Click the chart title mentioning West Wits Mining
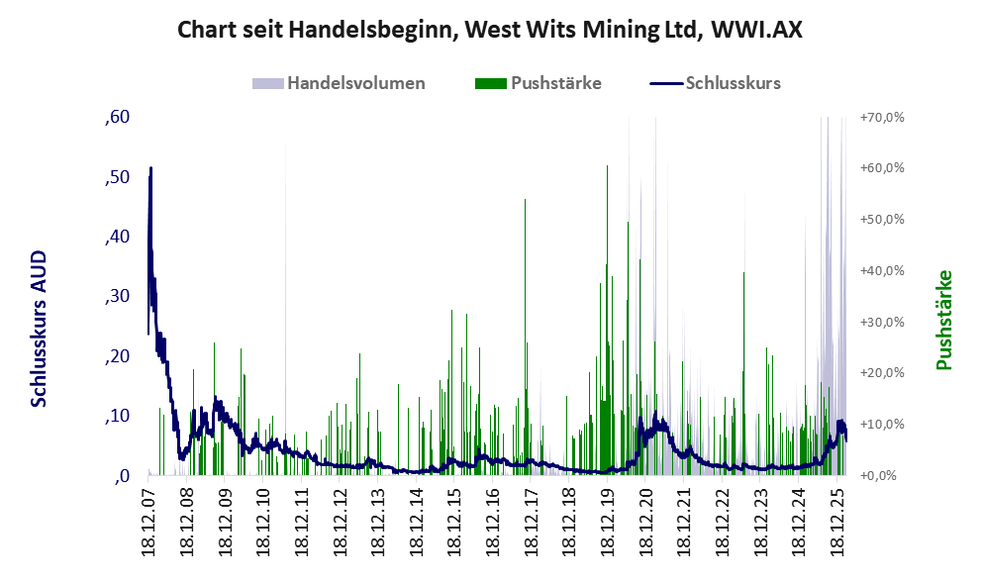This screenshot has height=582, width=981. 489,30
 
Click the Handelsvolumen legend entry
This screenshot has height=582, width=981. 356,83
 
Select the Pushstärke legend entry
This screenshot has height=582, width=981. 555,83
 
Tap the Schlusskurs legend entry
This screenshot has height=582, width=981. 733,83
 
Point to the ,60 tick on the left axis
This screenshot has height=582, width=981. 117,117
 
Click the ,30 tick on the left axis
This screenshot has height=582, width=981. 117,296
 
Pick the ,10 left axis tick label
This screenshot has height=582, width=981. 117,416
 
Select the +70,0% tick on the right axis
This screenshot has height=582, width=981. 882,117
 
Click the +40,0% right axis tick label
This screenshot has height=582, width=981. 882,270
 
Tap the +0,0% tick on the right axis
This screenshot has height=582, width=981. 880,475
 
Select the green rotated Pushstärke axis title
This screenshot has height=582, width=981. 943,320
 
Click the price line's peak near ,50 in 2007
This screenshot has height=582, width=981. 150,169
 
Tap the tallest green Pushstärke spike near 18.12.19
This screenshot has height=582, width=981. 608,168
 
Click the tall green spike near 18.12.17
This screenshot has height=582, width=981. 525,201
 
